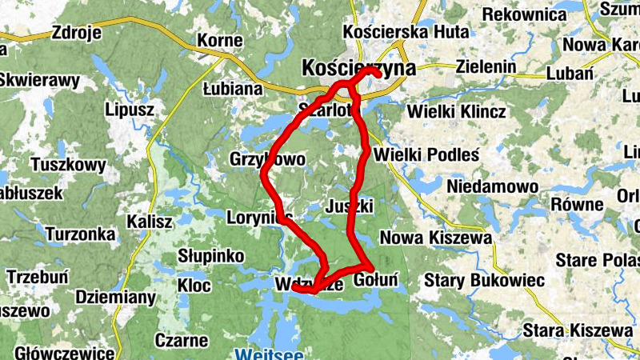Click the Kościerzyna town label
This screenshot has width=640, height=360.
pos(359,68)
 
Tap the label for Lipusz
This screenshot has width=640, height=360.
pos(130,110)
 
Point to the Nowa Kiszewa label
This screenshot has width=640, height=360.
pos(436,238)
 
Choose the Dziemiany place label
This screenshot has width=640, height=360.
pos(115,297)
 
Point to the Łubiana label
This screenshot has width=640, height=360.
pos(233,89)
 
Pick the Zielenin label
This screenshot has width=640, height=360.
pos(486,67)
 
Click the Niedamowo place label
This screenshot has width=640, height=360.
pos(492,186)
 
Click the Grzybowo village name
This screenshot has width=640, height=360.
pos(267,159)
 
